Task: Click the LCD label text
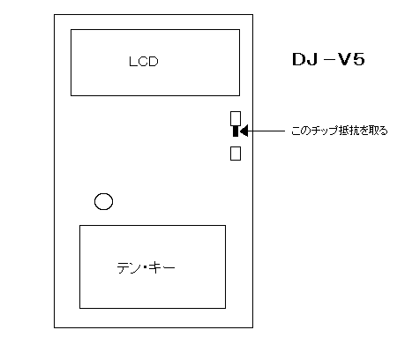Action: point(144,62)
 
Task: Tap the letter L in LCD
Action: point(133,62)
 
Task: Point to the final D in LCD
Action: point(153,62)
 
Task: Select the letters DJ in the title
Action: point(305,59)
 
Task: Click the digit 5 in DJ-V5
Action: point(358,59)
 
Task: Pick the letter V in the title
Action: point(343,59)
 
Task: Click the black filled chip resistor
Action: point(236,131)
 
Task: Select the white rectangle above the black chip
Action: point(236,118)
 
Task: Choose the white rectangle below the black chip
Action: point(236,154)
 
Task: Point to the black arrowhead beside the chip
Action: point(244,131)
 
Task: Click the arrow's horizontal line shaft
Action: point(266,131)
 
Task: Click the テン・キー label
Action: point(146,268)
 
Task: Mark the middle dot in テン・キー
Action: point(145,268)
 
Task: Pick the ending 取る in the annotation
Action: point(378,131)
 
